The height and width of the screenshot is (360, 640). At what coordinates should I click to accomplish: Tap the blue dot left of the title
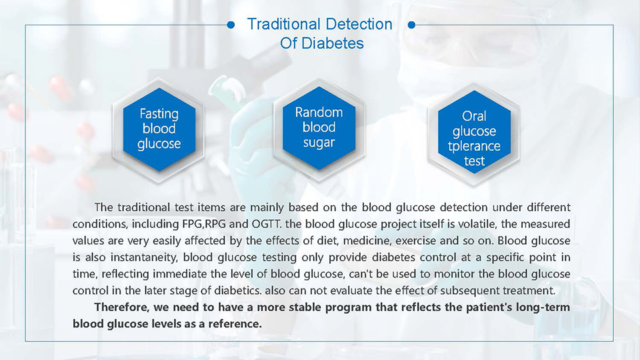[x=231, y=25]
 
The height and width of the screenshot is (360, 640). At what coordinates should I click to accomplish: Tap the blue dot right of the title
[x=411, y=25]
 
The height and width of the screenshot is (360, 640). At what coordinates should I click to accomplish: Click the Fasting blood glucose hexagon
[x=159, y=129]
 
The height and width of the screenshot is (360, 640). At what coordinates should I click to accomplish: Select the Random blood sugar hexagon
[x=319, y=128]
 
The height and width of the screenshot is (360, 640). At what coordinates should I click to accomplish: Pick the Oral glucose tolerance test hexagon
[x=474, y=132]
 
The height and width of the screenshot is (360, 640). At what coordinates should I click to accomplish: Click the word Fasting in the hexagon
[x=159, y=114]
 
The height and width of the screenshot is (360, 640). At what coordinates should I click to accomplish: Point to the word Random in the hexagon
[x=319, y=112]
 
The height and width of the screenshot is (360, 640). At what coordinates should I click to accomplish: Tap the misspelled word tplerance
[x=474, y=146]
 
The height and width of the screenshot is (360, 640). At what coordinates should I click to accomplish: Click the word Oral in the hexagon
[x=474, y=116]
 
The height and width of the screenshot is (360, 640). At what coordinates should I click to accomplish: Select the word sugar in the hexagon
[x=319, y=143]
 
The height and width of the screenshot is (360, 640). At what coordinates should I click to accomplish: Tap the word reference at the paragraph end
[x=235, y=324]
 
